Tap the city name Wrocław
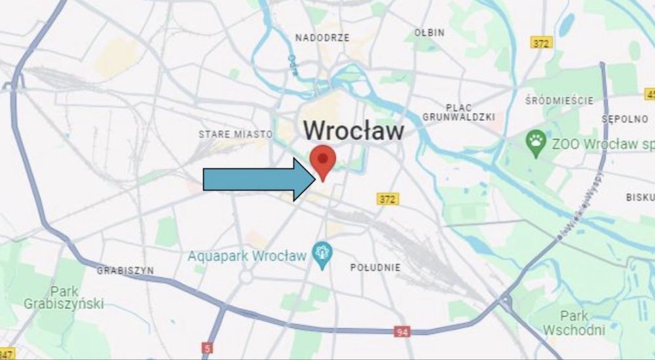(x=354, y=130)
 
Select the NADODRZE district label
(x=322, y=38)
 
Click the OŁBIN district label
(x=430, y=32)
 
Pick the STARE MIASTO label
(x=235, y=134)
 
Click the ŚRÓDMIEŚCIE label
(x=559, y=101)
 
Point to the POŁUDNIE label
(x=375, y=267)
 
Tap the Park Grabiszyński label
(x=64, y=298)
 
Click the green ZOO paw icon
(x=536, y=143)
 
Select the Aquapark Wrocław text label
(x=247, y=255)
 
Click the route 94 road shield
(x=403, y=332)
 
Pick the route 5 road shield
(x=208, y=348)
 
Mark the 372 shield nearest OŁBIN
(x=542, y=43)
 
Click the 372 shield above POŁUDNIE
(x=388, y=198)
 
